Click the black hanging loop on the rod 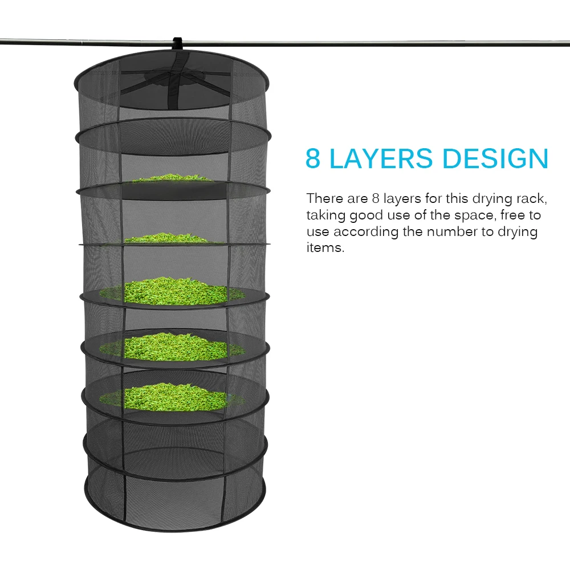(177, 43)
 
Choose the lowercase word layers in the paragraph (405, 199)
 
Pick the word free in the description (513, 215)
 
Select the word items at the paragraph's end (325, 249)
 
